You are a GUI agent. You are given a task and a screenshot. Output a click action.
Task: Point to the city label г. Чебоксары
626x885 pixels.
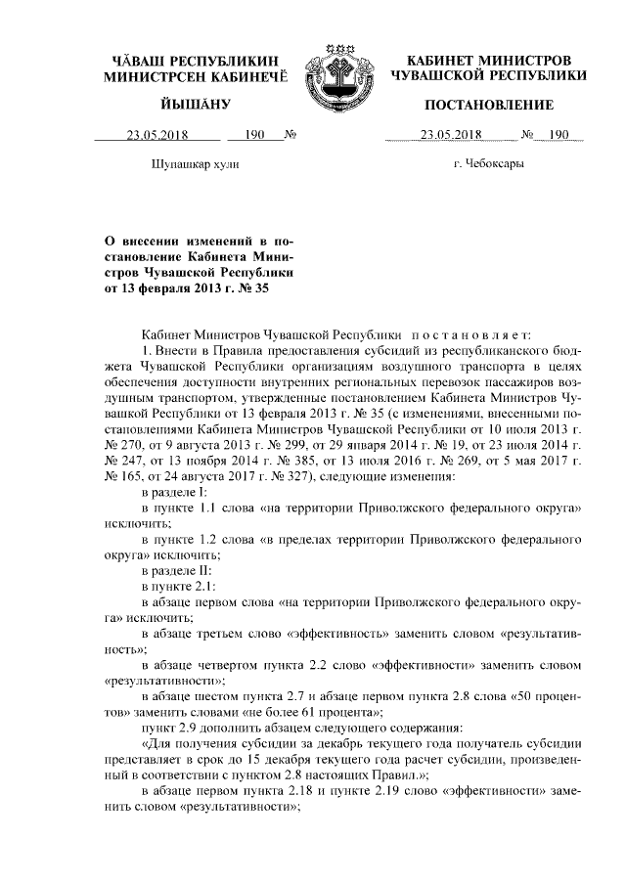click(x=489, y=163)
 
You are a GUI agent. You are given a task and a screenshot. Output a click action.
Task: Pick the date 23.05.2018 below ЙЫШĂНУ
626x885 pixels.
click(x=157, y=136)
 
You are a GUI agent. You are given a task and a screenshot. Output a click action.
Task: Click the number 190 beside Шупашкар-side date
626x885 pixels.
click(x=255, y=136)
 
